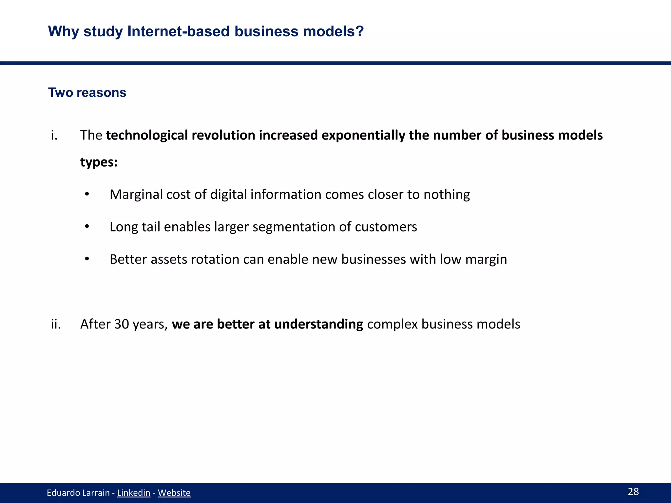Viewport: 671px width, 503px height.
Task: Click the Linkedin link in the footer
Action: [133, 493]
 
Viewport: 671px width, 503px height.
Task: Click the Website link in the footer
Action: [174, 493]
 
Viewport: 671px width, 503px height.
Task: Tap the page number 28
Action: [633, 492]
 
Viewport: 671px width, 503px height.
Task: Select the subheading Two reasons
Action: [87, 93]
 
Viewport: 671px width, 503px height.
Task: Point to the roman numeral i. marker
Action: [54, 135]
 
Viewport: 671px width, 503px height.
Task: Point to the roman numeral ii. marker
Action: [56, 324]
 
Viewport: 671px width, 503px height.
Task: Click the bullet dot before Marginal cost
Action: [87, 194]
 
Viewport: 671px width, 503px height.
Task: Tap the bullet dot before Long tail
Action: [87, 227]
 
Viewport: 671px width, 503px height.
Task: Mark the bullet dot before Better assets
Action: [87, 259]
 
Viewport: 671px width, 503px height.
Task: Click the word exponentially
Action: [363, 136]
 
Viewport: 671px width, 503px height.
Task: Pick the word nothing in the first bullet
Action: [447, 195]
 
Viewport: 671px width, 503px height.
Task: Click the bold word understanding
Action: [318, 325]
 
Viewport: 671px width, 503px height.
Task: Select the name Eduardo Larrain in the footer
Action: [78, 493]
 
